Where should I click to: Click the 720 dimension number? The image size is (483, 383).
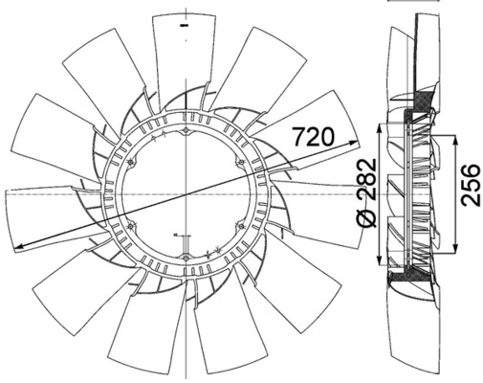(x=314, y=136)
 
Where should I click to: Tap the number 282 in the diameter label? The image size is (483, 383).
(x=366, y=179)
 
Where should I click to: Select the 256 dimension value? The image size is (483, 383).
(x=470, y=185)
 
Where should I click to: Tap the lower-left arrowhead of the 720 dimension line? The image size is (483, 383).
(x=19, y=246)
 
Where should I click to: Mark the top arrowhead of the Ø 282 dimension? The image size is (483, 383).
(x=379, y=128)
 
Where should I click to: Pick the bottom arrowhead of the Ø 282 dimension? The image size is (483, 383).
(x=379, y=260)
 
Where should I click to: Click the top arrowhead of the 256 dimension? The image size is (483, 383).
(x=455, y=140)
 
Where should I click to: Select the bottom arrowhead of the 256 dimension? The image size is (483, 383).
(x=455, y=249)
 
